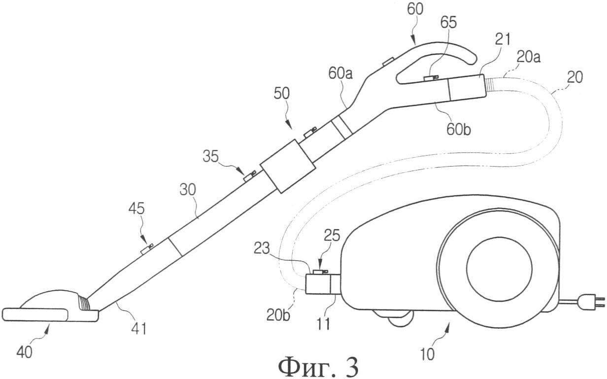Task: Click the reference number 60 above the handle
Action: (415, 9)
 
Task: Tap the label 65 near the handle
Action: (448, 23)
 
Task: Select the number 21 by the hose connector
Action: (503, 39)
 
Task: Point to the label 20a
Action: (529, 58)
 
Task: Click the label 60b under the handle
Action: (459, 130)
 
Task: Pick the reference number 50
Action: (281, 94)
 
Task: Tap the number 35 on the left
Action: (210, 156)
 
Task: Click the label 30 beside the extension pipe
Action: (188, 190)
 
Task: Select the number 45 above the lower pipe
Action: (136, 209)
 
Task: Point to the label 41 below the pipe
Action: (139, 329)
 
